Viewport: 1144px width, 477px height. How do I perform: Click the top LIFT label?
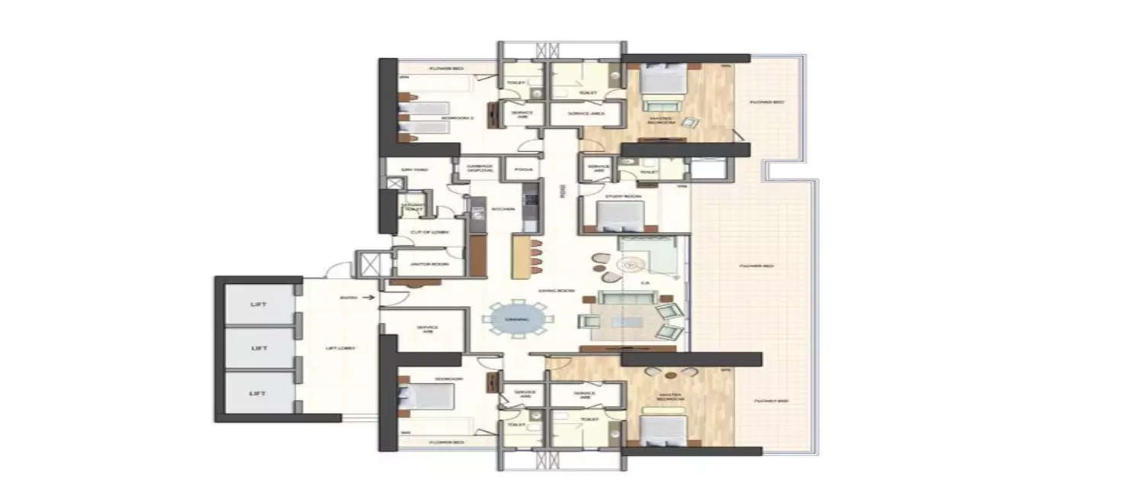coord(258,305)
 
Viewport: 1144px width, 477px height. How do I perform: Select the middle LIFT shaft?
coord(258,348)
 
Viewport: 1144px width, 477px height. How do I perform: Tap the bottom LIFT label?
coord(258,393)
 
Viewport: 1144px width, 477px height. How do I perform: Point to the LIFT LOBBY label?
coord(340,348)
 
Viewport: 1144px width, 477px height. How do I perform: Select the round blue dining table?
coord(517,320)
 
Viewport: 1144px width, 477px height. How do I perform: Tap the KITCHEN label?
coord(500,208)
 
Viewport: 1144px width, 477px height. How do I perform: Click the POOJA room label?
coord(523,169)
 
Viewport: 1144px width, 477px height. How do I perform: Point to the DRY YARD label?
coord(415,169)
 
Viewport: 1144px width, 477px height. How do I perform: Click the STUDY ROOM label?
coord(624,196)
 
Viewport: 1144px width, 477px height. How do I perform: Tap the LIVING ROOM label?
coord(555,291)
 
